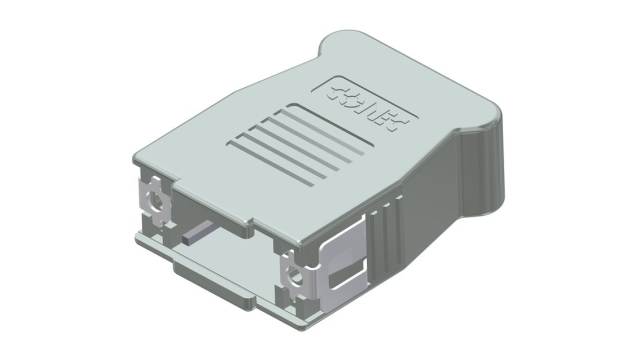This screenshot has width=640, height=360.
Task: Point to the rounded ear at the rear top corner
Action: pos(340,42)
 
